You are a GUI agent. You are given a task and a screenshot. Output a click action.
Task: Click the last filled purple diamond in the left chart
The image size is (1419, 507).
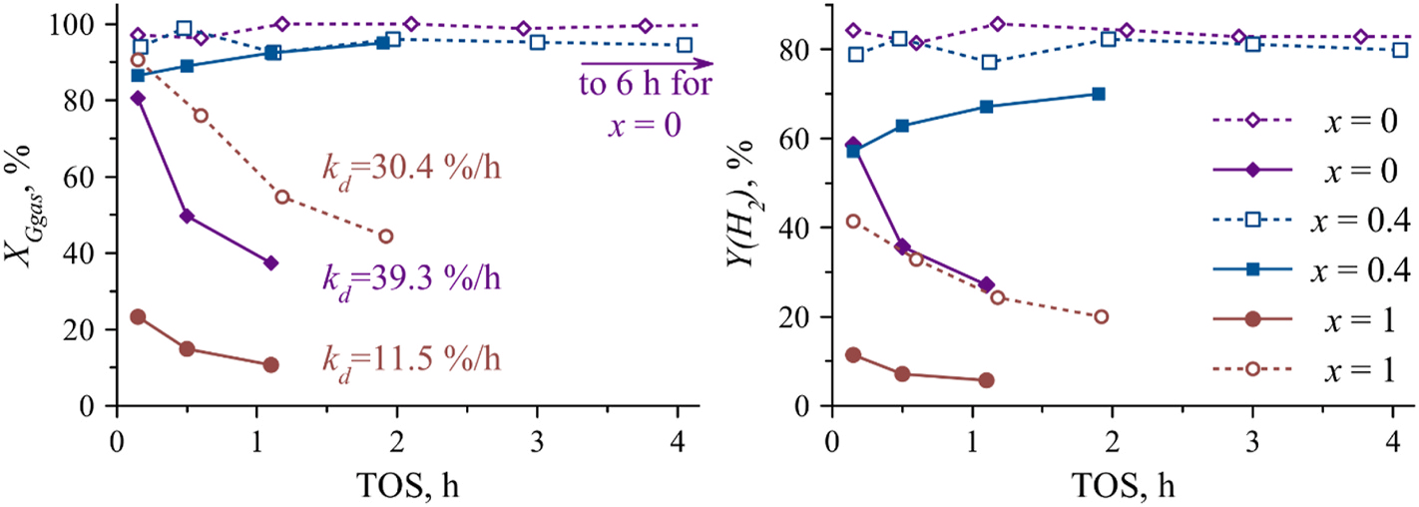(270, 262)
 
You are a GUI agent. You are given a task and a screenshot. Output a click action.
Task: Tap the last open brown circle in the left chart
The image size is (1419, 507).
(386, 237)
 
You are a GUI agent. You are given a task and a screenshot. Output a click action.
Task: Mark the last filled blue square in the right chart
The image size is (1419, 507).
(1099, 94)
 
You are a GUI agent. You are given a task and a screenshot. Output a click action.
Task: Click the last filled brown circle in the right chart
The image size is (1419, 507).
(986, 380)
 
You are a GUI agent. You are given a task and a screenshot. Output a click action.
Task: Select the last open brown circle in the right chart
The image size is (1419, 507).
(1101, 316)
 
